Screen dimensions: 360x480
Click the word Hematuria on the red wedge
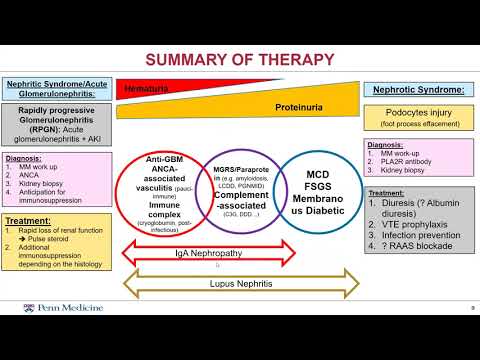point(145,89)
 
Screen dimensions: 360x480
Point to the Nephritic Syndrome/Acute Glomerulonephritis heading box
point(55,89)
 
